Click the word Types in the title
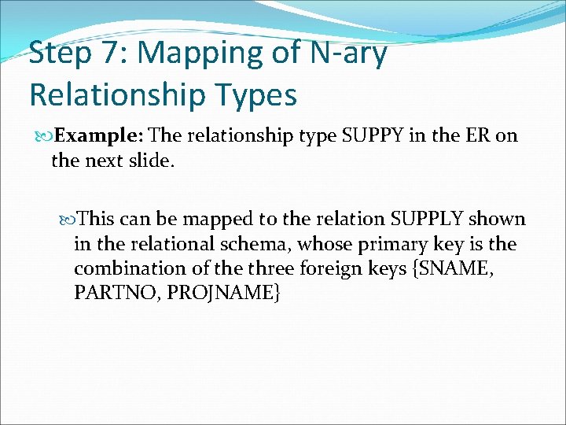pos(259,95)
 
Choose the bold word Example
pos(98,135)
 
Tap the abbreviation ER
pos(477,135)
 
